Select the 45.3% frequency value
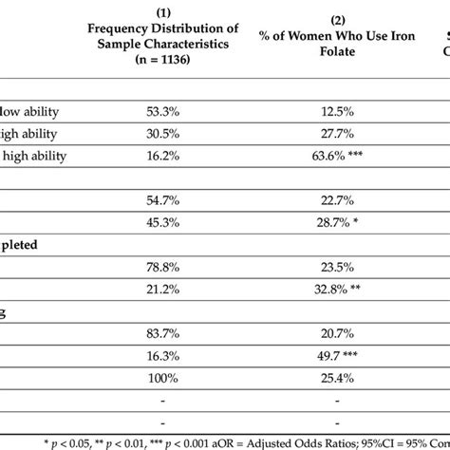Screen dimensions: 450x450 pos(163,221)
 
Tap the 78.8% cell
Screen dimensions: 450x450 pos(163,264)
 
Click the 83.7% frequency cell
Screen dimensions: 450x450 pos(163,328)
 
